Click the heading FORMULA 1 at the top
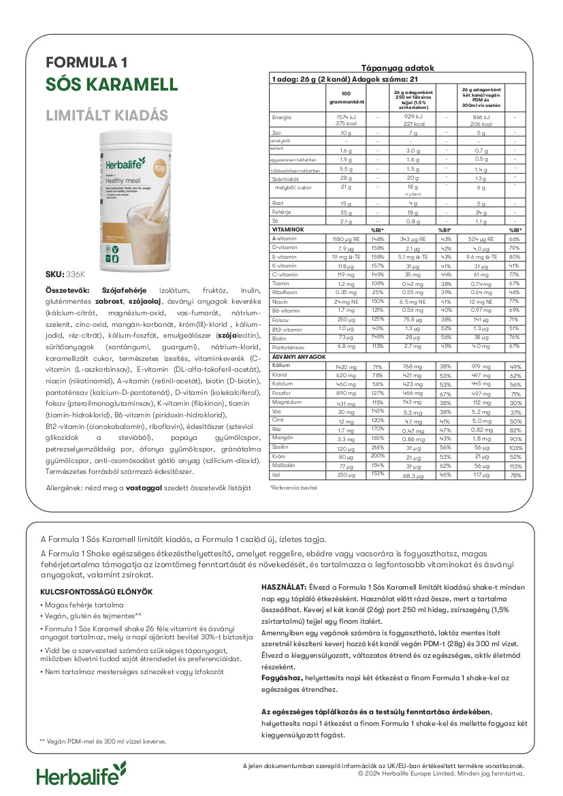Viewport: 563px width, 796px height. (x=86, y=63)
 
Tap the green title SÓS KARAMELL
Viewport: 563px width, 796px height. (x=112, y=85)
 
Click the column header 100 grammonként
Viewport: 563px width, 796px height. (x=347, y=97)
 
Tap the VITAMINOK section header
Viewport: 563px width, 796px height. (x=288, y=231)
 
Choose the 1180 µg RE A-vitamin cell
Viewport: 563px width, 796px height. (x=347, y=239)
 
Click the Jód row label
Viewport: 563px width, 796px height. (x=276, y=475)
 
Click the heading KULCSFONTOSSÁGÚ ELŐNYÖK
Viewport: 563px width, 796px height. (x=97, y=592)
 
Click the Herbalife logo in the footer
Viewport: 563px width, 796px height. (x=81, y=775)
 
